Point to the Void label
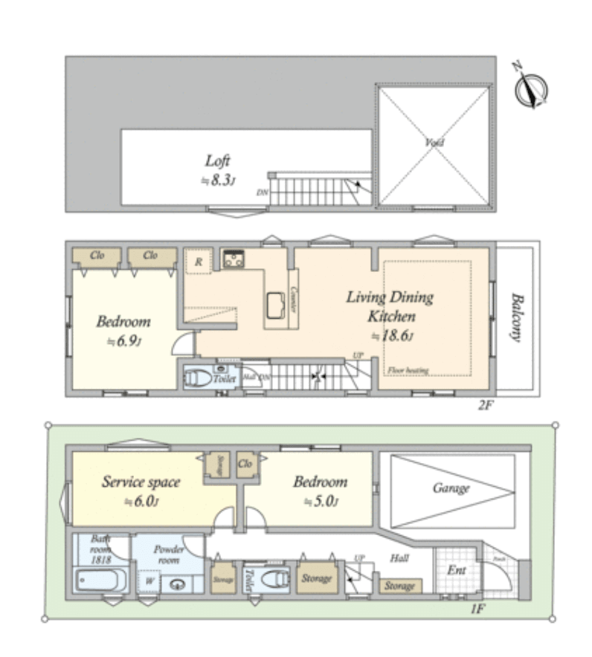434,142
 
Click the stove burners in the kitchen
235,259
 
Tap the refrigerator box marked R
199,261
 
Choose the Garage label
451,488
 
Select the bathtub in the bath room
101,580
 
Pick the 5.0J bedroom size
321,502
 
